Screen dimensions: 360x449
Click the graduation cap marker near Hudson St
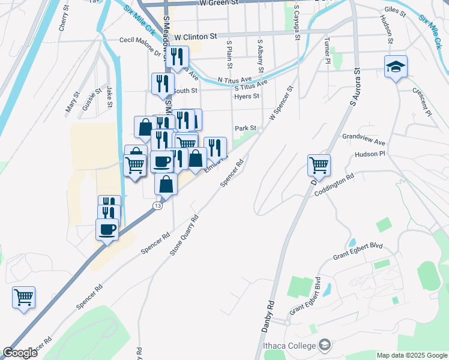(396, 67)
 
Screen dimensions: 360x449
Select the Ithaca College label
(288, 346)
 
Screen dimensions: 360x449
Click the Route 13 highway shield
(157, 206)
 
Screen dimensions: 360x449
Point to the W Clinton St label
(195, 37)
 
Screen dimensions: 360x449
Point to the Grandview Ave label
(363, 140)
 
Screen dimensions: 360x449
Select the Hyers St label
(247, 96)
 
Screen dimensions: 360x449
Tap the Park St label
(246, 128)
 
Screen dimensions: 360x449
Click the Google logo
(20, 353)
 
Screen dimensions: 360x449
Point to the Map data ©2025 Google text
(412, 355)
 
